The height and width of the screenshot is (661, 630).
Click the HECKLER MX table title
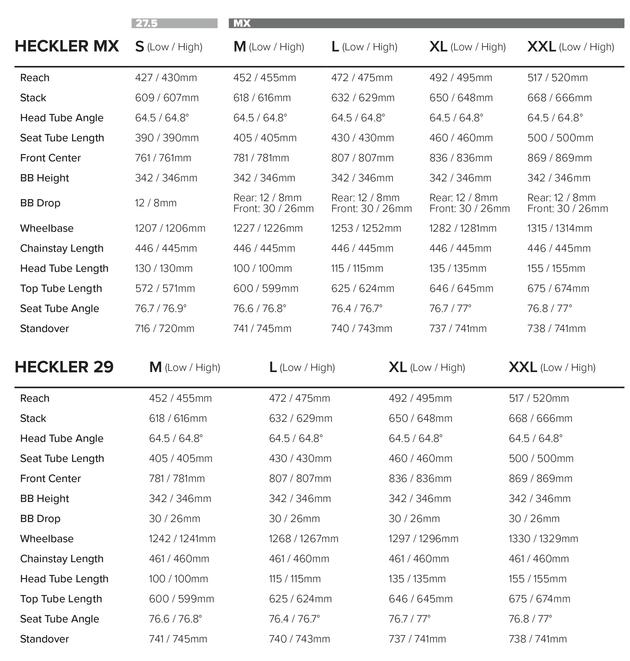click(67, 46)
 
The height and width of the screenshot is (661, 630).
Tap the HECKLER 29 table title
click(64, 367)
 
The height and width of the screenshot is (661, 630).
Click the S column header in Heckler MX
click(169, 47)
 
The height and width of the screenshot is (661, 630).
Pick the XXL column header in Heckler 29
click(552, 367)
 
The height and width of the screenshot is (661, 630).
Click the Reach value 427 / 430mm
click(166, 78)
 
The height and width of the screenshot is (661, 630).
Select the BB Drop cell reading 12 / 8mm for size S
click(155, 203)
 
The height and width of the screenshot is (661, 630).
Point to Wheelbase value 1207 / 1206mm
click(170, 228)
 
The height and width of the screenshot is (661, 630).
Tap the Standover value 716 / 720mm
click(164, 328)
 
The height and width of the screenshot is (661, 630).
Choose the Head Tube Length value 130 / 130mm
click(164, 268)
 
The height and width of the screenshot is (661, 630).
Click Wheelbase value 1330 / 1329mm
click(543, 539)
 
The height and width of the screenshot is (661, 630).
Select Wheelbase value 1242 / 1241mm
click(182, 539)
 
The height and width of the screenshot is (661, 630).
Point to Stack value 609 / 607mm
click(167, 98)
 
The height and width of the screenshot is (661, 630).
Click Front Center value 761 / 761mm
click(163, 158)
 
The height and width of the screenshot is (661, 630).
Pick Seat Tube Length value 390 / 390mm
click(167, 138)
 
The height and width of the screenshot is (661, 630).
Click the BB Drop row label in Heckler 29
click(40, 519)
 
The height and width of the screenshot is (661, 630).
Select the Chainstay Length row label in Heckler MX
click(62, 249)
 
